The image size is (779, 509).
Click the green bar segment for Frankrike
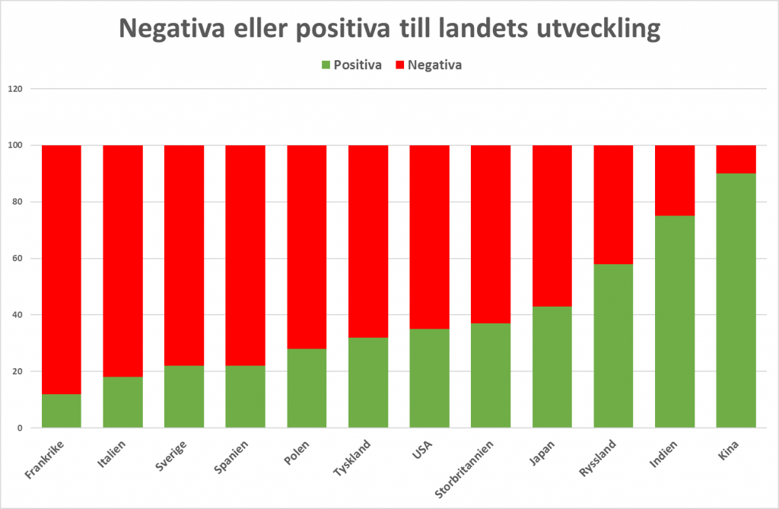(x=62, y=411)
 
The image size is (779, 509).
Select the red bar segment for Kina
(x=736, y=159)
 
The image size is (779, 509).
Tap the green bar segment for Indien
(x=675, y=322)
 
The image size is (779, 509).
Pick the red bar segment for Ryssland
(x=613, y=204)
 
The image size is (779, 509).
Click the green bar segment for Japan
(x=552, y=367)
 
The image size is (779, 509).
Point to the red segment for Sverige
(x=184, y=255)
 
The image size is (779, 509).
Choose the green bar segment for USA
(x=429, y=378)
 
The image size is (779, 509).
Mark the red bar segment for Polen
(x=307, y=247)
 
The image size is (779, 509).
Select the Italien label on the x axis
(x=113, y=455)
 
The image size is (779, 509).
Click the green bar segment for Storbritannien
(x=491, y=376)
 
